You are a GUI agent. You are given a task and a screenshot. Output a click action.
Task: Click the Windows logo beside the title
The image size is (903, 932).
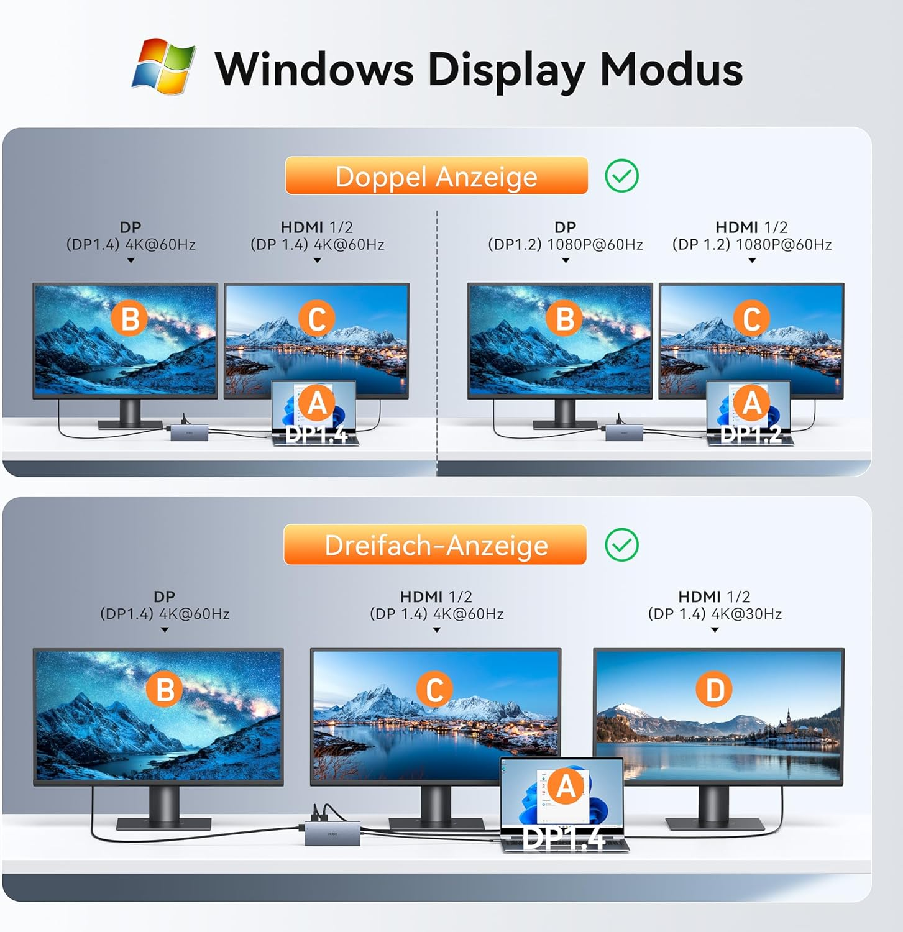coord(163,66)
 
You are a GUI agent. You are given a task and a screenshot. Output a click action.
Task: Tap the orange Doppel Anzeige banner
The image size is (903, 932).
coord(436,176)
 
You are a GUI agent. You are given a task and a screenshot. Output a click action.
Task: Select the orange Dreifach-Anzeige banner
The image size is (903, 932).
coord(435,545)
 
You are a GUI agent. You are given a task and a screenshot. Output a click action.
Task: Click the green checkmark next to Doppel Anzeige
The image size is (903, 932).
coord(621,176)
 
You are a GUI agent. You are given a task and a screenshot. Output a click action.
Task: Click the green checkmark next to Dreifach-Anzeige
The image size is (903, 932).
coord(621,545)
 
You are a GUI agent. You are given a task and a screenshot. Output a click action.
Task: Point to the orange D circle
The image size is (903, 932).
coord(715,690)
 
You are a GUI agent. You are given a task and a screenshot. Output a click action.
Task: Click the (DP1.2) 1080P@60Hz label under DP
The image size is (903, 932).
coord(565,245)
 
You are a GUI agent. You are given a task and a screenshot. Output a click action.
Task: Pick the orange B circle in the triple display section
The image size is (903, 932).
coord(165,690)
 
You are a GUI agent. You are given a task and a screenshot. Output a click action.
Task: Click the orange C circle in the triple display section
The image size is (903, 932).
coord(434,690)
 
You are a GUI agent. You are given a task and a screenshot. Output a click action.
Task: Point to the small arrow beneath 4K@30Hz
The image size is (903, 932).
coord(715,630)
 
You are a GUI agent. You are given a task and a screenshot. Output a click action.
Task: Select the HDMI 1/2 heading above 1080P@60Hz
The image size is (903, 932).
coord(751,227)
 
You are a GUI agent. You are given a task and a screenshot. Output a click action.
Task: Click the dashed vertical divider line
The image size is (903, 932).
coord(437,342)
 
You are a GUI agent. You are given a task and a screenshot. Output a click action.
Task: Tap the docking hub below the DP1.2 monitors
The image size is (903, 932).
coord(624,432)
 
